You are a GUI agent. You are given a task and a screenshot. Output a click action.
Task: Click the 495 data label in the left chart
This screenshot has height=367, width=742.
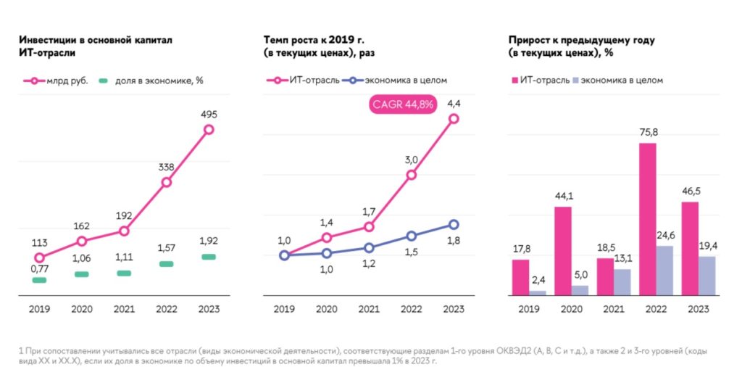click(x=209, y=114)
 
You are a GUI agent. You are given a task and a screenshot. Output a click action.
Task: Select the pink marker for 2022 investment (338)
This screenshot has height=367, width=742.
click(x=167, y=182)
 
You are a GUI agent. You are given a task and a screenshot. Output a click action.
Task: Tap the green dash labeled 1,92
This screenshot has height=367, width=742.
click(x=209, y=257)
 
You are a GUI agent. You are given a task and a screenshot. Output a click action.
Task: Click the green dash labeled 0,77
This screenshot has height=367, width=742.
click(x=39, y=280)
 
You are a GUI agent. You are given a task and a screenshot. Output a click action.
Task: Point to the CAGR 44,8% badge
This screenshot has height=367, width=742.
click(x=403, y=104)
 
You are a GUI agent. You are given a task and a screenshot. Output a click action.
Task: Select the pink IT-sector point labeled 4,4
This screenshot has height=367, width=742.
click(x=454, y=119)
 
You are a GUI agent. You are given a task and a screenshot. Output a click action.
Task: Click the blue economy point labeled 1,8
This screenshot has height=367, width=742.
click(x=454, y=225)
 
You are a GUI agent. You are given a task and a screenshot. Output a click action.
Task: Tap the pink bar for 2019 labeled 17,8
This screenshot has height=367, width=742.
click(x=520, y=277)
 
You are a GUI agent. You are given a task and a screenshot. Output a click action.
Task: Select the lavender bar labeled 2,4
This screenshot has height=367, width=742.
click(x=538, y=293)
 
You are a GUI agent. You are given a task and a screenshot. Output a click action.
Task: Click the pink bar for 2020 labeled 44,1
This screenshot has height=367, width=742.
click(x=563, y=251)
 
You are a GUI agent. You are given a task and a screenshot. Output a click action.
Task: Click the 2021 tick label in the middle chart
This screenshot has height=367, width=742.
click(x=369, y=309)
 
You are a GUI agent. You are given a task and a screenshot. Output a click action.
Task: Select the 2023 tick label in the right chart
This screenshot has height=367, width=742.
click(x=698, y=309)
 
